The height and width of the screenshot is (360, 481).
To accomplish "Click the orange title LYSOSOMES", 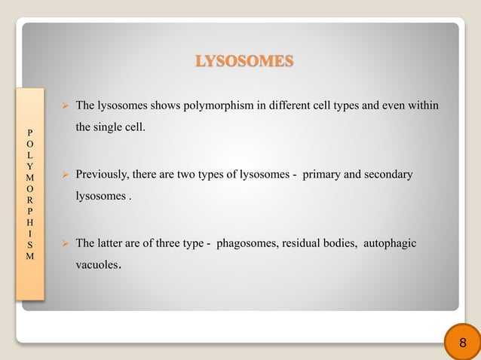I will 244,61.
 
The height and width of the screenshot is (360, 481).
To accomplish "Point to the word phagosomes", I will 248,243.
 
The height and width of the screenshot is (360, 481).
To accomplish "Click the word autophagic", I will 390,243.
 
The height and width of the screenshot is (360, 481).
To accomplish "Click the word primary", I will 323,175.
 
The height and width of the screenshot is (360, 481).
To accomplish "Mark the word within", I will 422,105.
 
